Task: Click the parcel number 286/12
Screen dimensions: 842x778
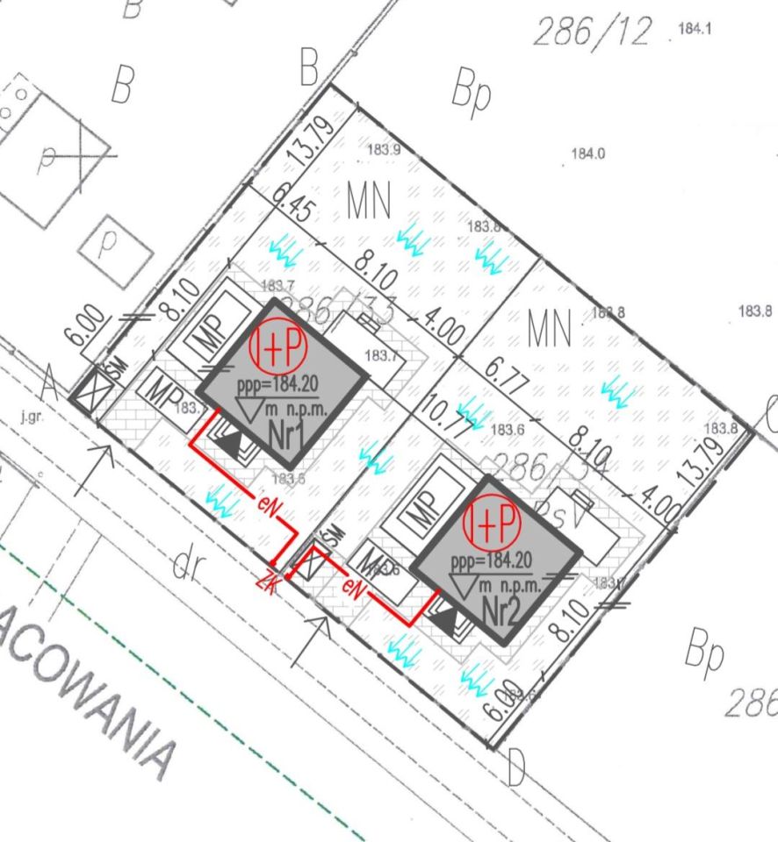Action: (593, 32)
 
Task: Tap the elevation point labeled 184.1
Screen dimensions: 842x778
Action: (694, 29)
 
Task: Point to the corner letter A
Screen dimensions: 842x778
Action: (51, 383)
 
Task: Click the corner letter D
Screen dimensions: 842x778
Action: (515, 769)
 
